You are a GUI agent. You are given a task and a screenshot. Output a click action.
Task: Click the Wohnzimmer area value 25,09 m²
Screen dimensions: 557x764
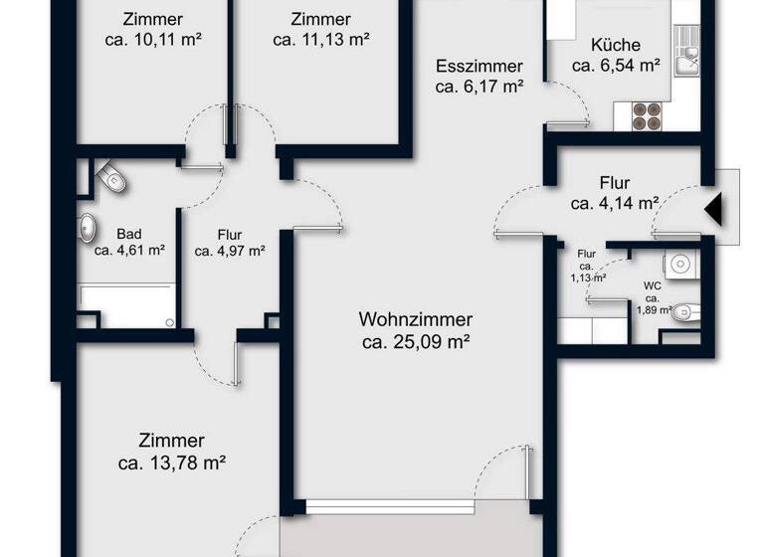click(x=415, y=343)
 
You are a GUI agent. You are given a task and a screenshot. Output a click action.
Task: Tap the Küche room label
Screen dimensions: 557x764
click(x=615, y=45)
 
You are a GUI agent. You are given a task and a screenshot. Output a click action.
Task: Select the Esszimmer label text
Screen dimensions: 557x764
click(x=479, y=67)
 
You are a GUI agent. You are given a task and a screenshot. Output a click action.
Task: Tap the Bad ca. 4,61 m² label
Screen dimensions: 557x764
click(x=129, y=242)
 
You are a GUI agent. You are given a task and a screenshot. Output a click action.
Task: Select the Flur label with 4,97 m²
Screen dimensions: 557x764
click(x=229, y=243)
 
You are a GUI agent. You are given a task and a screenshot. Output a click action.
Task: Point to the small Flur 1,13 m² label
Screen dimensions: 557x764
click(x=587, y=266)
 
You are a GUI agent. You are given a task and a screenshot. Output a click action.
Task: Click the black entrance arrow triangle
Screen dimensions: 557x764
click(x=714, y=210)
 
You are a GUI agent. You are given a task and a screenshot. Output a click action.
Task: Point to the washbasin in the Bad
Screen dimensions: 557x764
click(x=88, y=228)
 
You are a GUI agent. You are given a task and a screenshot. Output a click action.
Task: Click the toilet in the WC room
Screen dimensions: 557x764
click(x=683, y=314)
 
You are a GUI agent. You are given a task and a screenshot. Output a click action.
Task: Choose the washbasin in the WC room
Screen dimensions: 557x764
click(x=680, y=264)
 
